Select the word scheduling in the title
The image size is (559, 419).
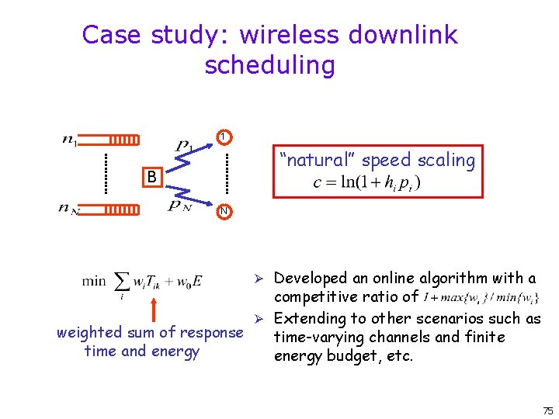point(270,65)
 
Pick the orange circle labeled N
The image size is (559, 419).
point(223,210)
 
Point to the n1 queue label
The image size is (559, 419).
point(70,140)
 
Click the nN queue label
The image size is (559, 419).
point(70,208)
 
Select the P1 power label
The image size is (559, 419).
point(184,146)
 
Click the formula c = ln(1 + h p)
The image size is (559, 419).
point(366,183)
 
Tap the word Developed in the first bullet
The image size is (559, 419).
point(311,278)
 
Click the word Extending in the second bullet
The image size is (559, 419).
point(309,318)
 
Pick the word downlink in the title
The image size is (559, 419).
point(404,36)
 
